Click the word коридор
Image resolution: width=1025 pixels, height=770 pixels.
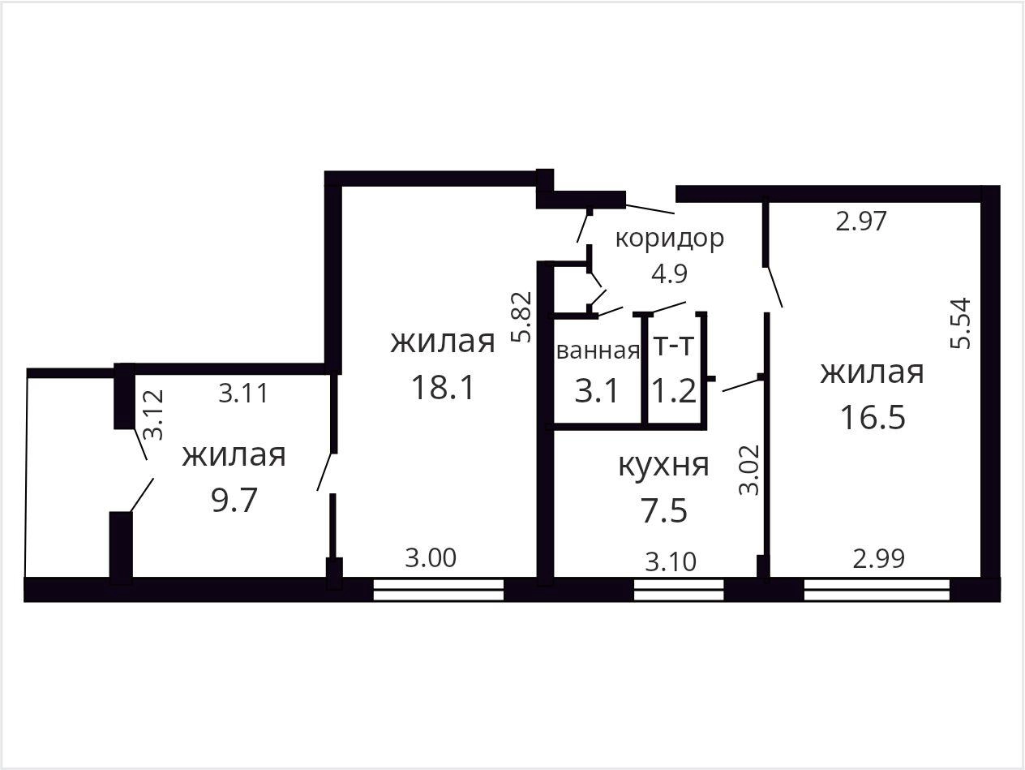coord(670,239)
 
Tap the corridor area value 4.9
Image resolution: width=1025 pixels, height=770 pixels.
coord(670,273)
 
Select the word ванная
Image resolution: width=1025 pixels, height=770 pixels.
coord(598,351)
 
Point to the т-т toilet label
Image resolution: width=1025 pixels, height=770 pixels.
coord(674,346)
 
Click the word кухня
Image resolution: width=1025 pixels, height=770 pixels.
coord(663,465)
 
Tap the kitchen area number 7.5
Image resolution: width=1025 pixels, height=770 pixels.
coord(663,510)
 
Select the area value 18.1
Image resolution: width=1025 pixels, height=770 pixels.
coord(443,387)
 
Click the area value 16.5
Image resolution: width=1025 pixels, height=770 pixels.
coord(873,417)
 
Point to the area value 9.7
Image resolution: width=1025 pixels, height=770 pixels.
coord(234,500)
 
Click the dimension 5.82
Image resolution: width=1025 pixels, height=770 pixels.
coord(521,317)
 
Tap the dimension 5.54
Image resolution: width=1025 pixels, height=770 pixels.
coord(961,323)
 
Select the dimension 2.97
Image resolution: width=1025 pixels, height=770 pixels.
coord(860,222)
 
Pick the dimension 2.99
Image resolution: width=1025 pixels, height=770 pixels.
coord(878,558)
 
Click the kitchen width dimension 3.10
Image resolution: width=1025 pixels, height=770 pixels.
coord(671,561)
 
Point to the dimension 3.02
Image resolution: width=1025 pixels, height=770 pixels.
coord(749,470)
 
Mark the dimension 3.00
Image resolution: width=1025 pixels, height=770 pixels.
coord(430,558)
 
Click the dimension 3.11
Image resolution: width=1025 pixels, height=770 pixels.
coord(243,393)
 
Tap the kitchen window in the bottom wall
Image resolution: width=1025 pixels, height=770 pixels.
coord(679,590)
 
